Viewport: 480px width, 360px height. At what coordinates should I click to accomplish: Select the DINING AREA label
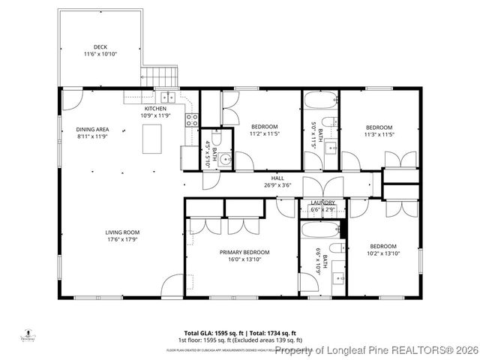(x=92, y=130)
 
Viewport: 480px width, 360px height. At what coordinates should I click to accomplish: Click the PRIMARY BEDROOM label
(x=244, y=252)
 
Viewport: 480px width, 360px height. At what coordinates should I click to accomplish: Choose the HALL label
(x=277, y=178)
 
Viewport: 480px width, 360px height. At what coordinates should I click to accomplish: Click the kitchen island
(x=153, y=137)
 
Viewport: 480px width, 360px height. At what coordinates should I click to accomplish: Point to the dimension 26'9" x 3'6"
(x=277, y=185)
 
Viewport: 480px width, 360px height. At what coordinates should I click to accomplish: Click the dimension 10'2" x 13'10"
(x=382, y=253)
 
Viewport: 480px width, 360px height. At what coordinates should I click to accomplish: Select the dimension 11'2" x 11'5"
(x=264, y=133)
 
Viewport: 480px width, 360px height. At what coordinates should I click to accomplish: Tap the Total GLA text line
(x=240, y=332)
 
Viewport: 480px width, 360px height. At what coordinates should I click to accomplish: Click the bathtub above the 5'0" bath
(x=320, y=100)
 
